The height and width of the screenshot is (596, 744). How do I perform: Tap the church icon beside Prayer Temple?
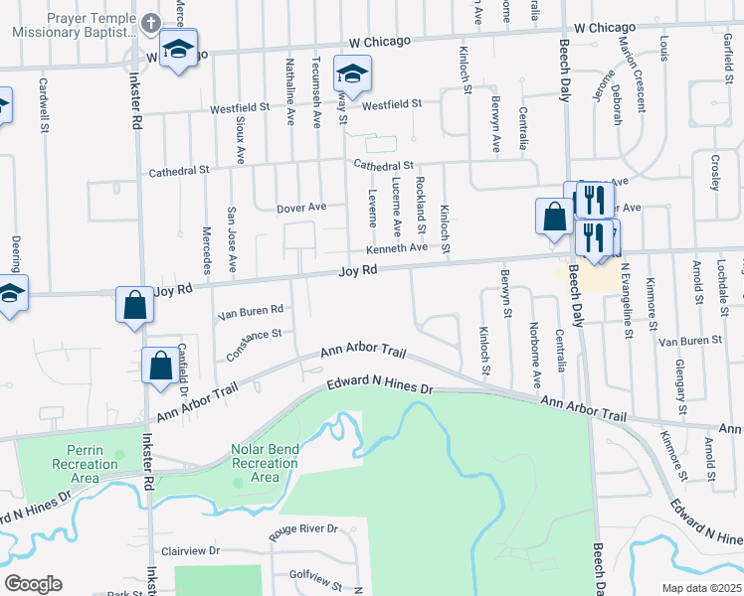(x=150, y=23)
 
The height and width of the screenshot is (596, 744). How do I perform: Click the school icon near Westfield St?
(x=352, y=75)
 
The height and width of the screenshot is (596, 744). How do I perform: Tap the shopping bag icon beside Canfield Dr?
(x=160, y=366)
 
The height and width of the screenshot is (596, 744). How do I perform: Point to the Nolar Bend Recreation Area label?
(x=265, y=463)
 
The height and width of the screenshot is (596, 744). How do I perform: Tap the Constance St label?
(x=254, y=341)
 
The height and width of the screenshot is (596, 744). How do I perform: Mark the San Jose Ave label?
(x=231, y=239)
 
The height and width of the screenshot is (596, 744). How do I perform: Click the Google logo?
(x=33, y=584)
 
